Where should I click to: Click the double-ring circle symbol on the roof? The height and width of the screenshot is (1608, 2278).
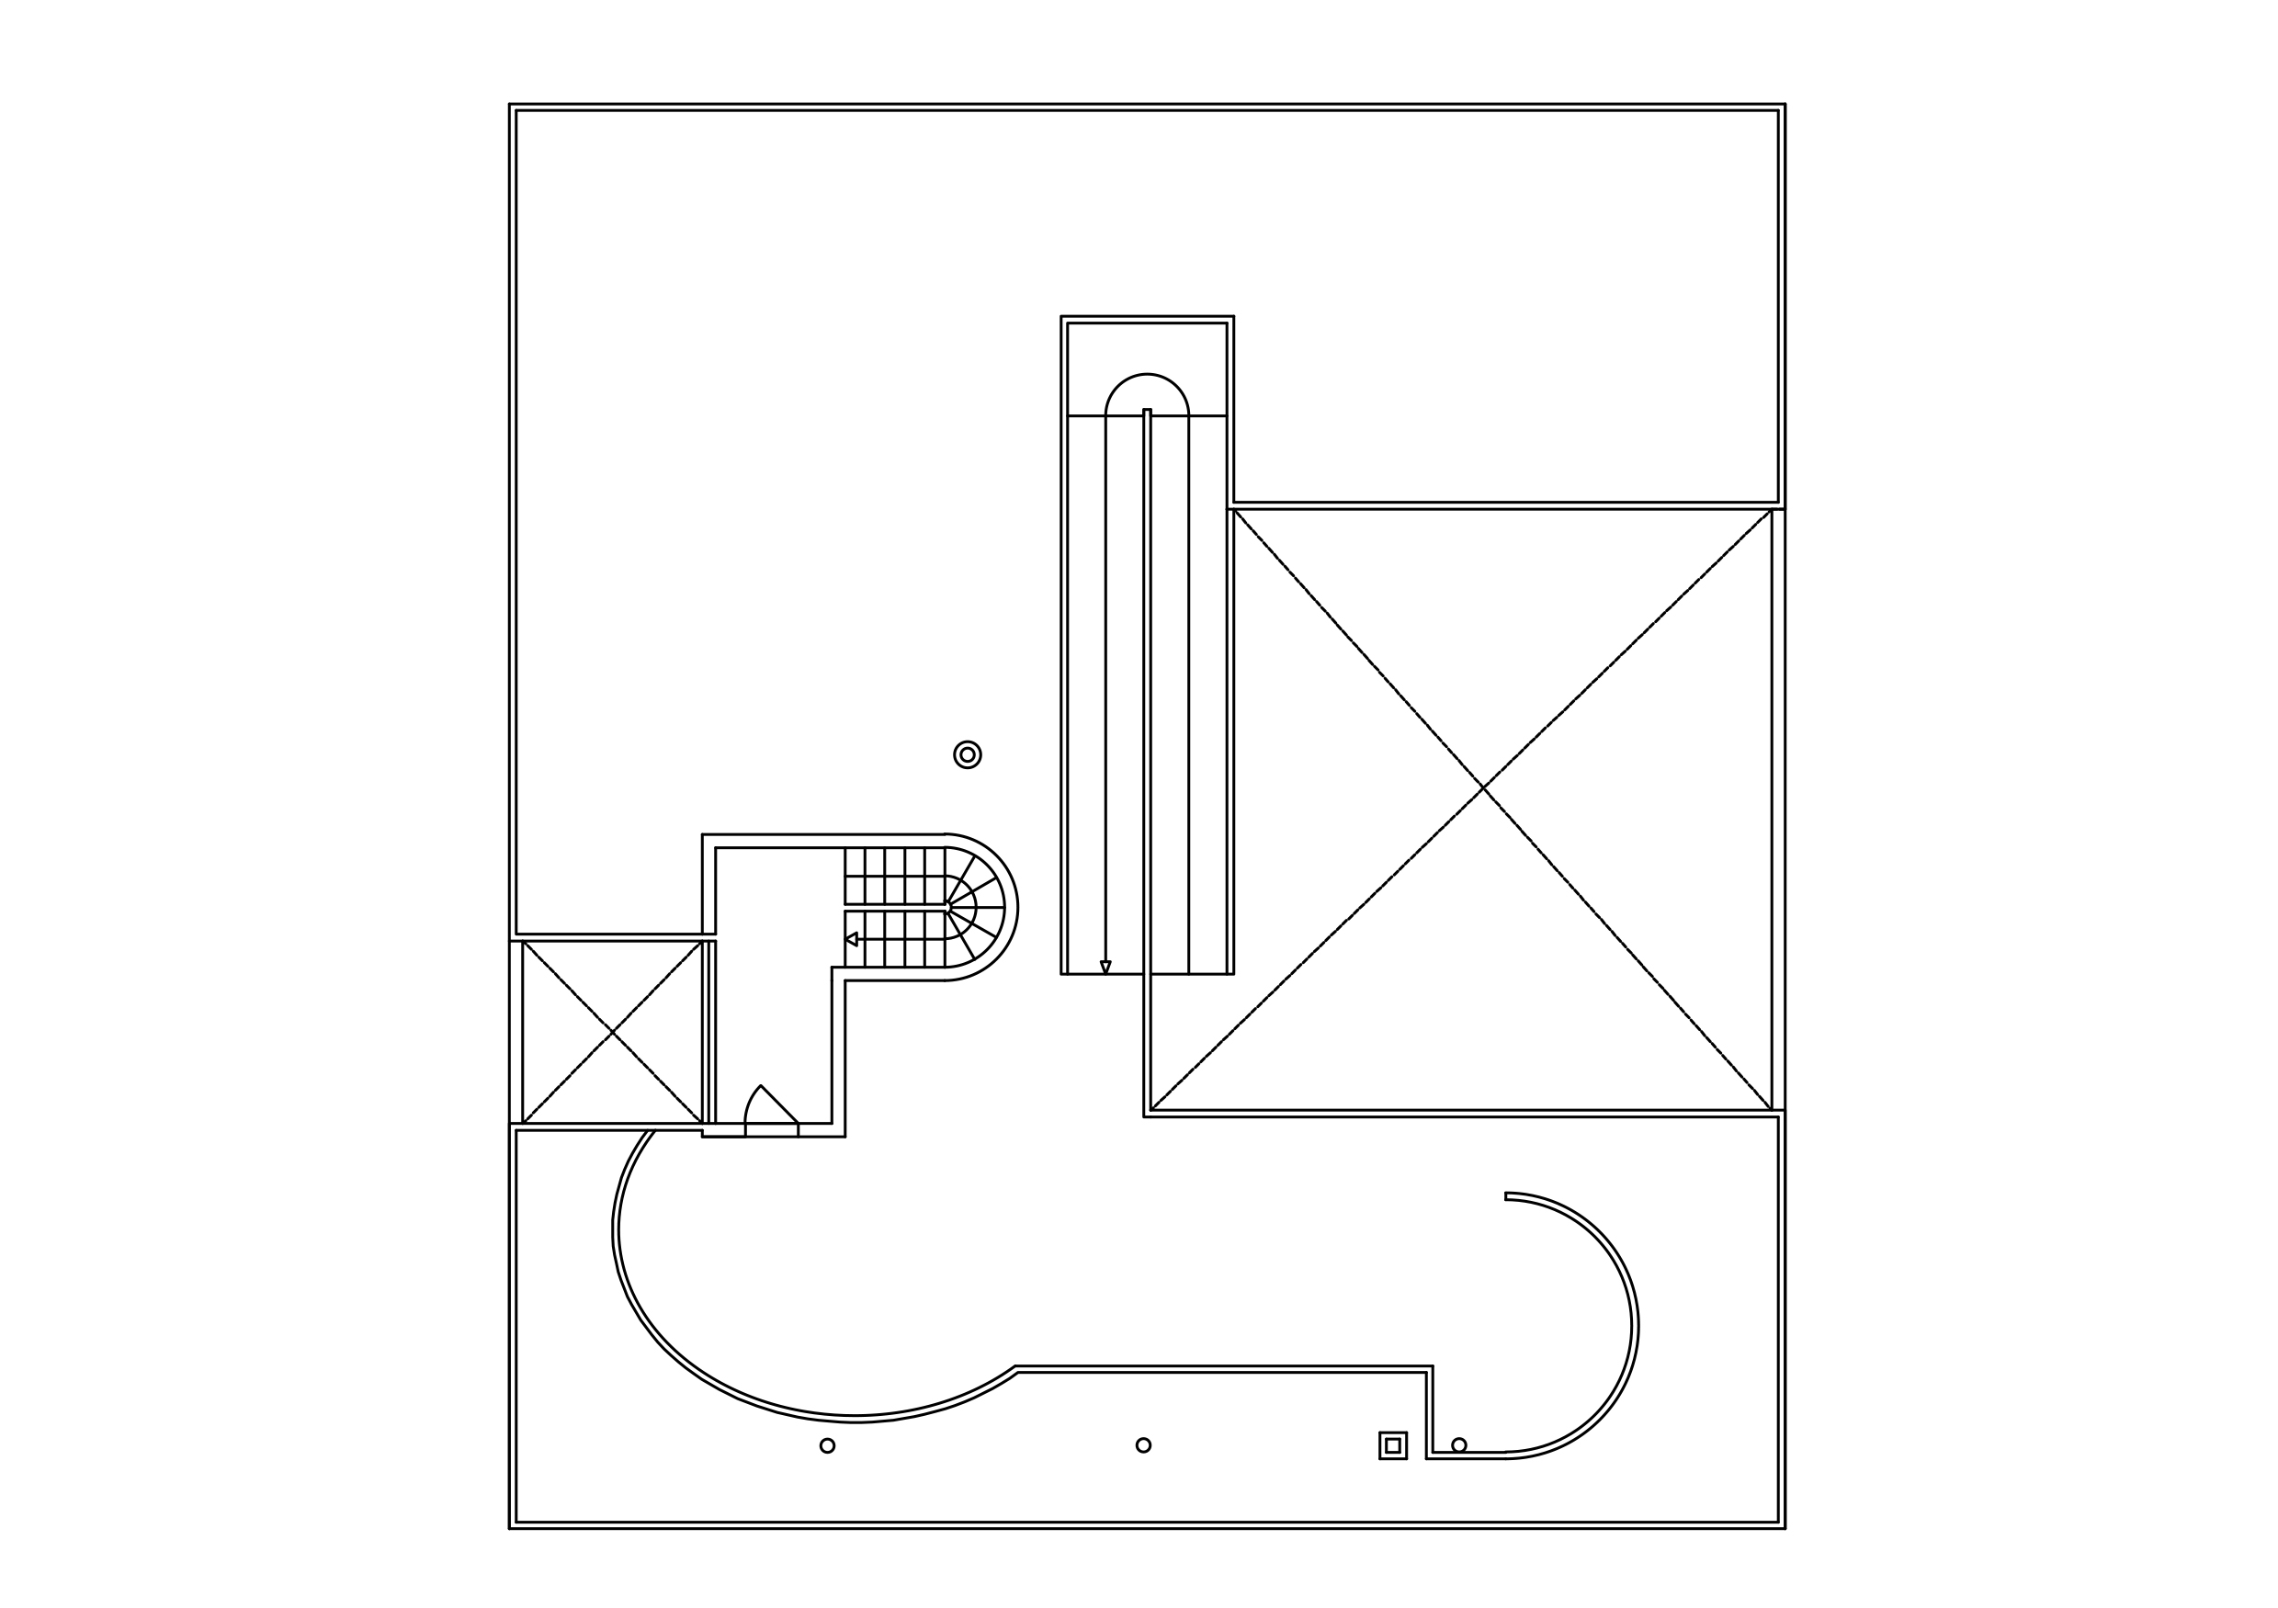click(x=968, y=755)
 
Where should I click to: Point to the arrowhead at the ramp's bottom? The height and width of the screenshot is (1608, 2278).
click(x=1105, y=968)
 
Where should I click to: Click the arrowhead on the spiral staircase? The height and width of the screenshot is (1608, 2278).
click(x=851, y=938)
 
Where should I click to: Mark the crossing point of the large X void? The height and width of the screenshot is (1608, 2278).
click(x=1483, y=787)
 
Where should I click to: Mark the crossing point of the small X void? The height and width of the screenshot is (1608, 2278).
click(x=612, y=1033)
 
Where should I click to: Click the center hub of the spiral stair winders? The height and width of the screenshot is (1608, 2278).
click(x=947, y=907)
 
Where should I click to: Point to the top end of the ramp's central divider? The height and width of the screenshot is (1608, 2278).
click(x=1147, y=411)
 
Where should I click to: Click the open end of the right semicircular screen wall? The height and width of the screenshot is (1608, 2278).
click(x=1506, y=1196)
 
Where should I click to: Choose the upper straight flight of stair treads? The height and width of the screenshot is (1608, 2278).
click(x=894, y=876)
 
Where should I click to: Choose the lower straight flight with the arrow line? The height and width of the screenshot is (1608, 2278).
click(x=894, y=938)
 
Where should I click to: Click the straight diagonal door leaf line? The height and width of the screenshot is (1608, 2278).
click(x=780, y=1105)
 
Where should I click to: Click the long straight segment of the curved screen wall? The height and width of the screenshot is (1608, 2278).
click(x=1220, y=1370)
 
